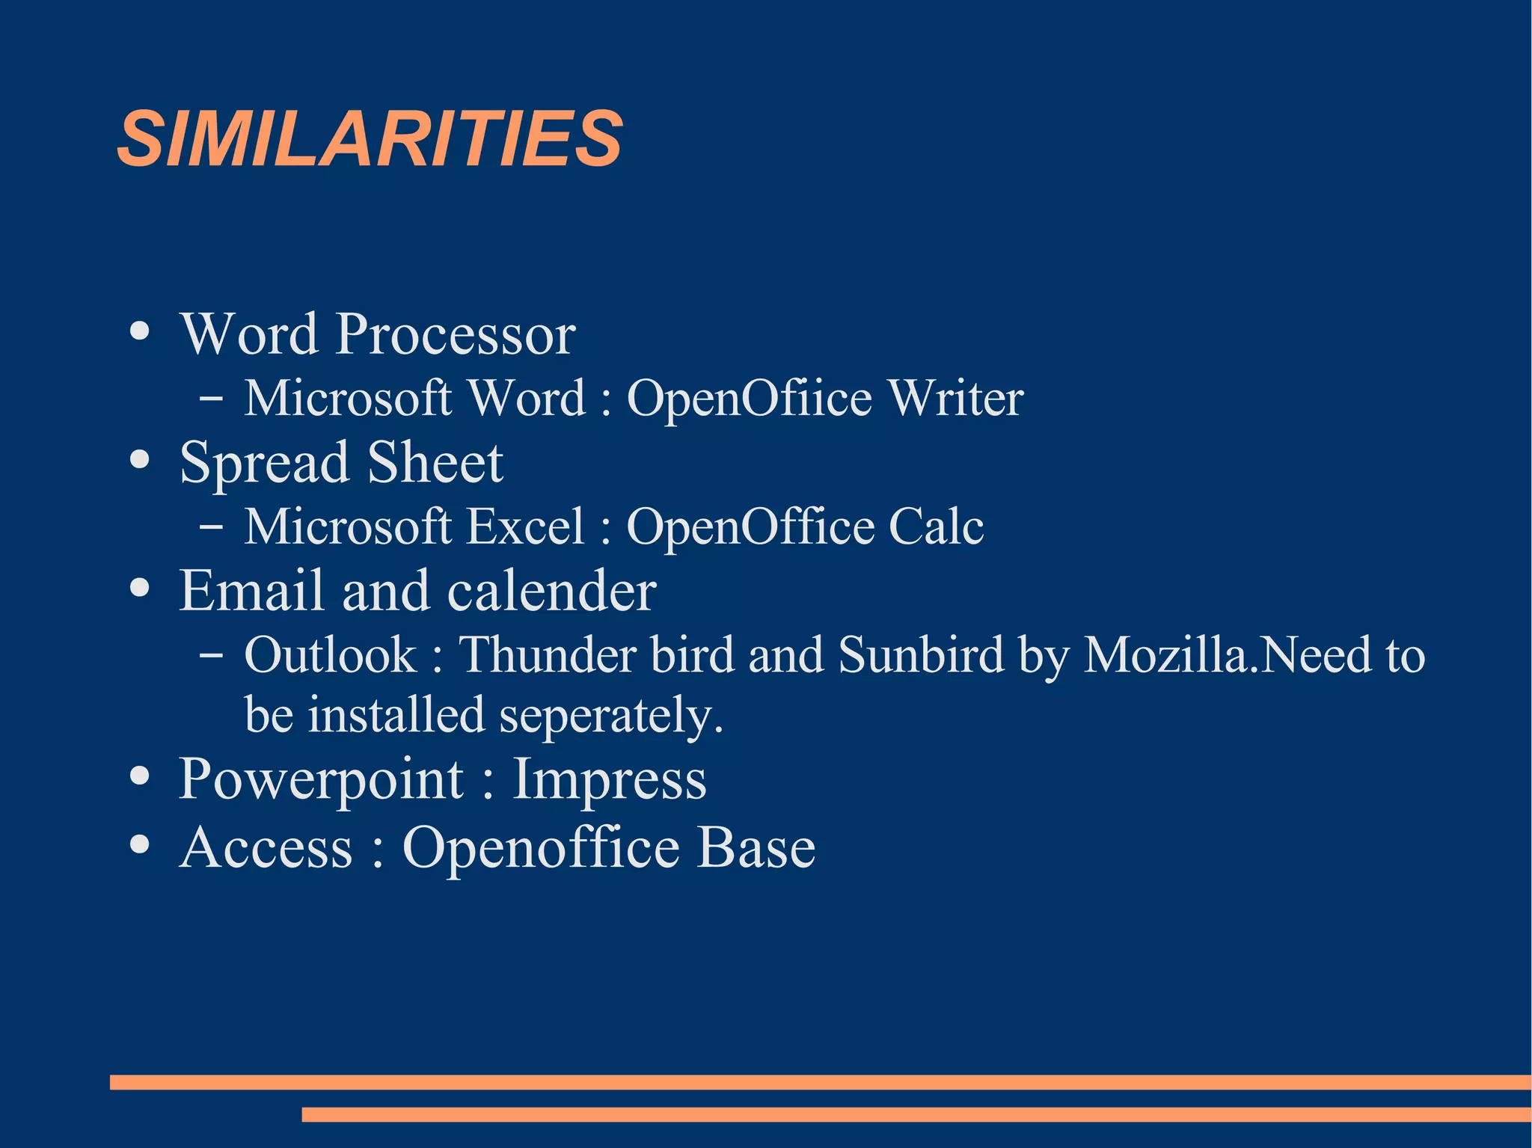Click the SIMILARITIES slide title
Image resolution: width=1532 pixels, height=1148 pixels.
[370, 139]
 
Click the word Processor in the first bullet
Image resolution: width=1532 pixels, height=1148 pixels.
[456, 334]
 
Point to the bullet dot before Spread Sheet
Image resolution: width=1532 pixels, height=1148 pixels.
[139, 459]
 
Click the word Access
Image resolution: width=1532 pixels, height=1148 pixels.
[266, 848]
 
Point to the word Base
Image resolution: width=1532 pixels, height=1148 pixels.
[756, 848]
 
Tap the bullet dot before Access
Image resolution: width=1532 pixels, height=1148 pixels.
[139, 844]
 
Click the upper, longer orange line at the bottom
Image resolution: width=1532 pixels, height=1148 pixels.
[820, 1081]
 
